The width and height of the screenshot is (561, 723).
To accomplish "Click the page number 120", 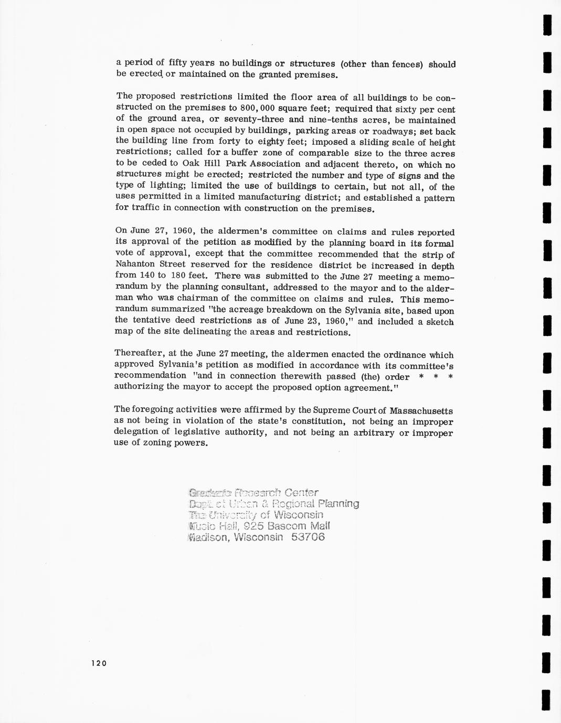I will click(98, 663).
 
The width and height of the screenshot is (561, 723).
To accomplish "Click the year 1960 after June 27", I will click(184, 231).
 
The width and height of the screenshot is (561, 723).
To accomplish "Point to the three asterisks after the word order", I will click(436, 376).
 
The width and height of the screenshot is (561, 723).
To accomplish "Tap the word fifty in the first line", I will click(178, 63).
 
